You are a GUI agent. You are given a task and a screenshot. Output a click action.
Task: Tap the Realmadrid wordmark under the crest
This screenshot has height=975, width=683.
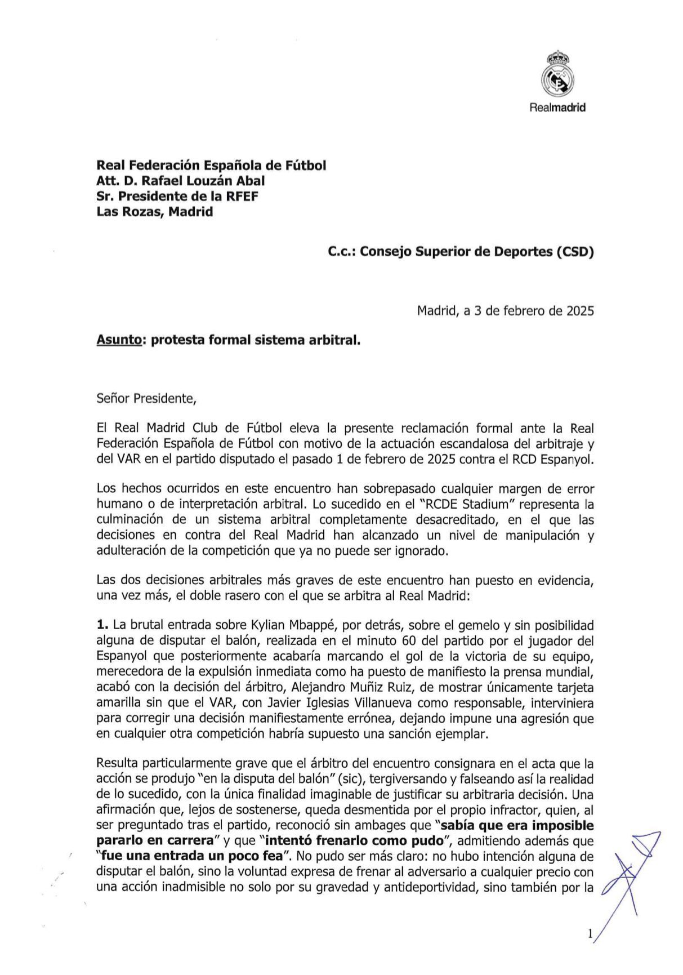pos(557,107)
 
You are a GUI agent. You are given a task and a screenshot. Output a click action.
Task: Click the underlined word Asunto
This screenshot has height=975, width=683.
pos(118,341)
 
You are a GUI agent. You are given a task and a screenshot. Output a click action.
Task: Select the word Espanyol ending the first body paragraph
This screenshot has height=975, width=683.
pos(568,460)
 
